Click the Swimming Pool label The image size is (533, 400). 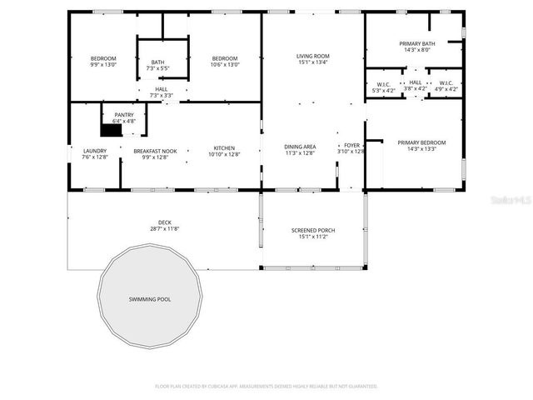pyautogui.click(x=150, y=298)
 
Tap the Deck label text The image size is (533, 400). pyautogui.click(x=165, y=222)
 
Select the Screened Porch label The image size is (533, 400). pyautogui.click(x=312, y=231)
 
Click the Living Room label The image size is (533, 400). pyautogui.click(x=312, y=56)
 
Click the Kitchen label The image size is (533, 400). pyautogui.click(x=223, y=148)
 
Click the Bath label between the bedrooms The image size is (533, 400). pyautogui.click(x=157, y=62)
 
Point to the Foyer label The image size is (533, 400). pyautogui.click(x=351, y=145)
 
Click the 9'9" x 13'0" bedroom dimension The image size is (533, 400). pyautogui.click(x=103, y=64)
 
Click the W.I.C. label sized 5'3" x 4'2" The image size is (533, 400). pyautogui.click(x=384, y=88)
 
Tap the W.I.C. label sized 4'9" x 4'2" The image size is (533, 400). pyautogui.click(x=446, y=88)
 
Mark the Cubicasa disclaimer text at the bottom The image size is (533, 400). pyautogui.click(x=266, y=386)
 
